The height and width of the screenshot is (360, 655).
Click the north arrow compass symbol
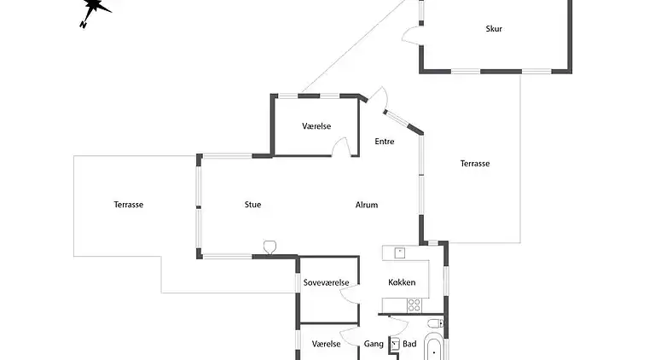(95, 11)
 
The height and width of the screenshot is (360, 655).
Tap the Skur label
(494, 29)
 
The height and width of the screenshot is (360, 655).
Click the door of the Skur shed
(411, 35)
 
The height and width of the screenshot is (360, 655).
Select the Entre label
(385, 142)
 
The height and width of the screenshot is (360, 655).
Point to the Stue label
(252, 205)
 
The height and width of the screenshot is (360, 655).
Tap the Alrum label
(367, 205)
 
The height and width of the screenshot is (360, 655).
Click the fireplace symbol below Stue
(270, 248)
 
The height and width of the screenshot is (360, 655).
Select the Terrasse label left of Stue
(128, 205)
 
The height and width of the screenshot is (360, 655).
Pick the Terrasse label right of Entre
(475, 164)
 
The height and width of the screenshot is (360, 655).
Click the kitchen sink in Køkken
(399, 252)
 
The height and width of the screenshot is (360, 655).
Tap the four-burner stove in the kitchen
(415, 304)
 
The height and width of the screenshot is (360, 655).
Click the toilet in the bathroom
(434, 322)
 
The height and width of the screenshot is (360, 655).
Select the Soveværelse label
(327, 282)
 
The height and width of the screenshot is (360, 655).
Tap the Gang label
(374, 344)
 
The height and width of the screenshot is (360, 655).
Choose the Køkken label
(402, 282)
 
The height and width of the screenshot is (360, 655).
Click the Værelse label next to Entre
(316, 126)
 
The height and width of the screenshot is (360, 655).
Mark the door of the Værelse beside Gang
(350, 335)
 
